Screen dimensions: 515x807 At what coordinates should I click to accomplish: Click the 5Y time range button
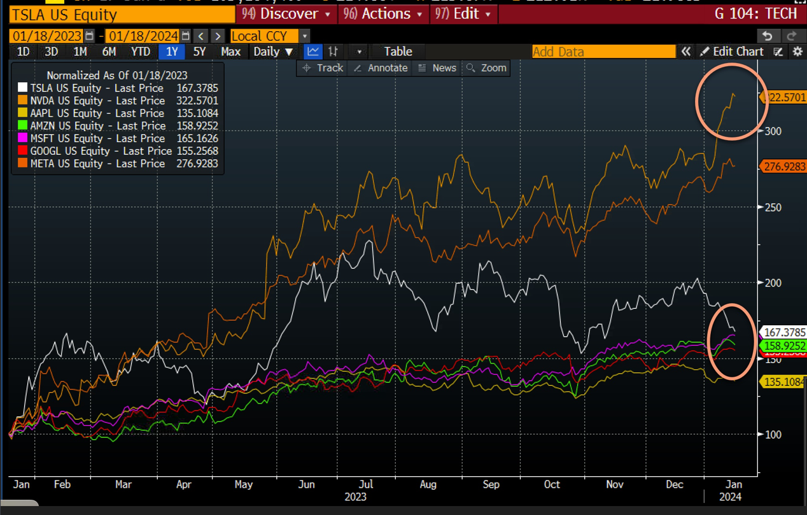point(199,52)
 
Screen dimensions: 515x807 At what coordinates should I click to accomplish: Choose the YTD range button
point(141,52)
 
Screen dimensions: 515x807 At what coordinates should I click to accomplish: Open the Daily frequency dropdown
point(274,52)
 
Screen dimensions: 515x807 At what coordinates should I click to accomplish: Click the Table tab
point(398,52)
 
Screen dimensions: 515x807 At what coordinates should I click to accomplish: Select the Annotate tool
point(381,68)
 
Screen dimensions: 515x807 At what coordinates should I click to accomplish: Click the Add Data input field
point(603,52)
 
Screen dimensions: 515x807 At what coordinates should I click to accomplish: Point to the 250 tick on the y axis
point(773,208)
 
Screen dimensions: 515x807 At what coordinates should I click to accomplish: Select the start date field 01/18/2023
point(47,36)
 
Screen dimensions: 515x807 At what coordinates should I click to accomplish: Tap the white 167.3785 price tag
point(783,332)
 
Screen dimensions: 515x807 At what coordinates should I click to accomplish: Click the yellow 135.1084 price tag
point(783,381)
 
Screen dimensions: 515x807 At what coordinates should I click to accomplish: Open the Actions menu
point(385,13)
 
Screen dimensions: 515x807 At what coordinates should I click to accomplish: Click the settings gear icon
point(797,52)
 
